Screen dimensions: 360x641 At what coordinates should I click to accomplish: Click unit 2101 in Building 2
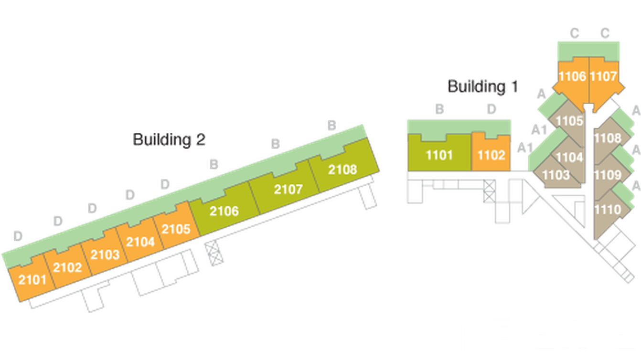(32, 279)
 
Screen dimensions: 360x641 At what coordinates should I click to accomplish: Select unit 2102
(67, 267)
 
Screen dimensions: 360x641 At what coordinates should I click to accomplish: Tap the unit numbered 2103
(105, 254)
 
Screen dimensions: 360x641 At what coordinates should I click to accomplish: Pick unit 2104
(140, 241)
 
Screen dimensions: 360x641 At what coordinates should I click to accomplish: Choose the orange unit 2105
(176, 229)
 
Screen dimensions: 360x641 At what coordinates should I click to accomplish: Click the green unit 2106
(224, 211)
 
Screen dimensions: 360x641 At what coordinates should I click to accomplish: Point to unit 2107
(288, 189)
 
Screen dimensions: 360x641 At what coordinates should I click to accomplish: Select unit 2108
(342, 169)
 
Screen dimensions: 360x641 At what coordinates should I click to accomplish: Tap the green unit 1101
(439, 155)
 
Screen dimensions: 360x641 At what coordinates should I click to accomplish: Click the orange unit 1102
(491, 155)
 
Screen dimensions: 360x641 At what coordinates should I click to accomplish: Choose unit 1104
(569, 157)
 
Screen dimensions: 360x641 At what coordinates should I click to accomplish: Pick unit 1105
(569, 121)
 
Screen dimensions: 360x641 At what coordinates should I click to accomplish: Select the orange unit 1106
(572, 76)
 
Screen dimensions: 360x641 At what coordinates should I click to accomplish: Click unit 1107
(604, 76)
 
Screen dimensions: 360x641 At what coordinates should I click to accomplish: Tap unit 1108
(608, 138)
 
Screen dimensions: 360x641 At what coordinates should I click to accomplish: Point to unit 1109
(608, 175)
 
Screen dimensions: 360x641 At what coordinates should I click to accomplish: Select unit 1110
(608, 209)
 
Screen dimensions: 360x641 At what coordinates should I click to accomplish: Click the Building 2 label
(169, 139)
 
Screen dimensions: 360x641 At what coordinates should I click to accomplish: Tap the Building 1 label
(482, 87)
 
